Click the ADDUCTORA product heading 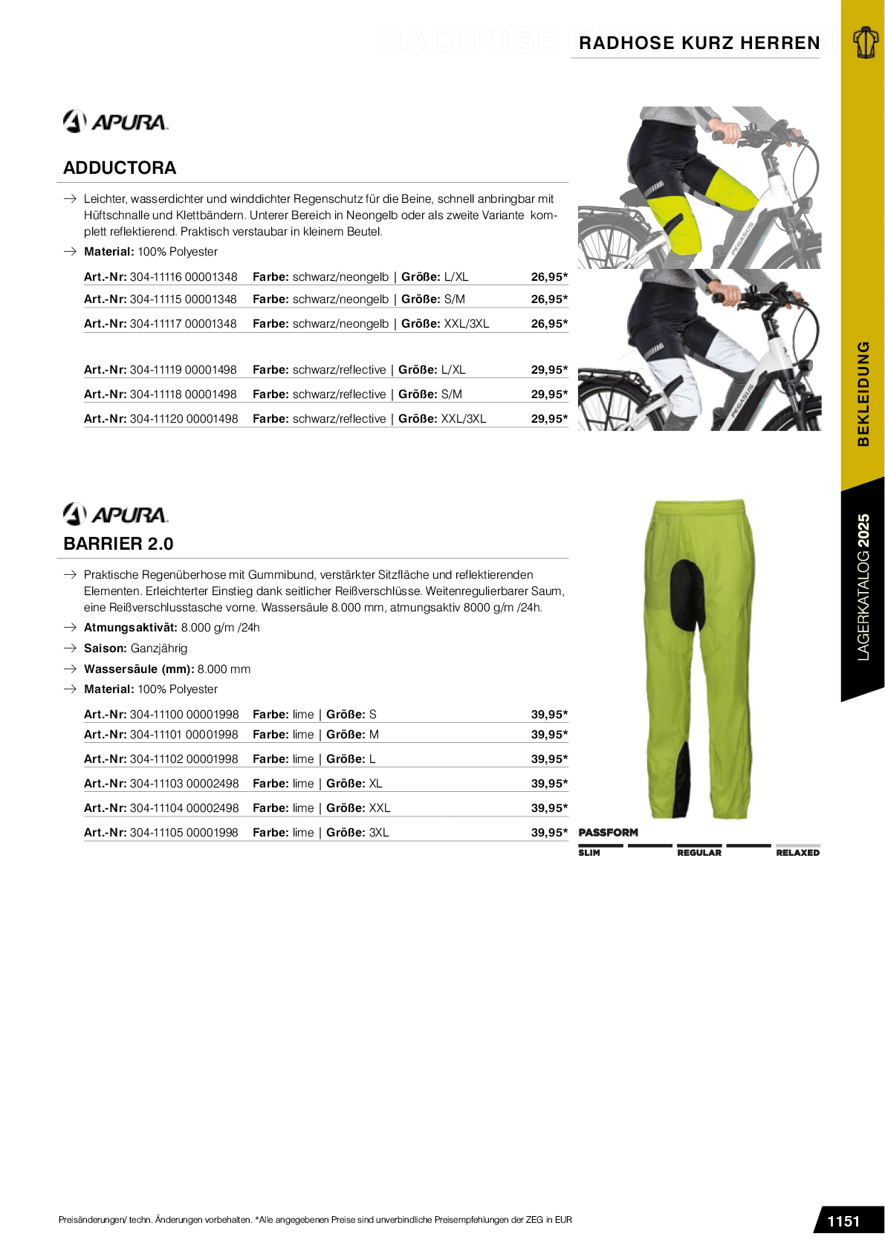pos(120,168)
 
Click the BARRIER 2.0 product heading pos(118,544)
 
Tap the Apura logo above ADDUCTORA pos(115,121)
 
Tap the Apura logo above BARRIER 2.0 pos(115,513)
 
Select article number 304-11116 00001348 pos(184,277)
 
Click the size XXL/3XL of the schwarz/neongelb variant pos(467,324)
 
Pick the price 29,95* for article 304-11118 pos(549,394)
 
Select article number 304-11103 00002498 pos(184,784)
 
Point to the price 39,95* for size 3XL pos(549,833)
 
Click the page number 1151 pos(843,1221)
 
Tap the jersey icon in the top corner pos(864,42)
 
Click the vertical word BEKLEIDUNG pos(863,394)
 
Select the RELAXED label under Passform pos(797,853)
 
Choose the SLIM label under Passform pos(589,853)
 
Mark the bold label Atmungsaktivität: pos(131,628)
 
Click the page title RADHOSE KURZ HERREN pos(699,43)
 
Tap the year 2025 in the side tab pos(863,530)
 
